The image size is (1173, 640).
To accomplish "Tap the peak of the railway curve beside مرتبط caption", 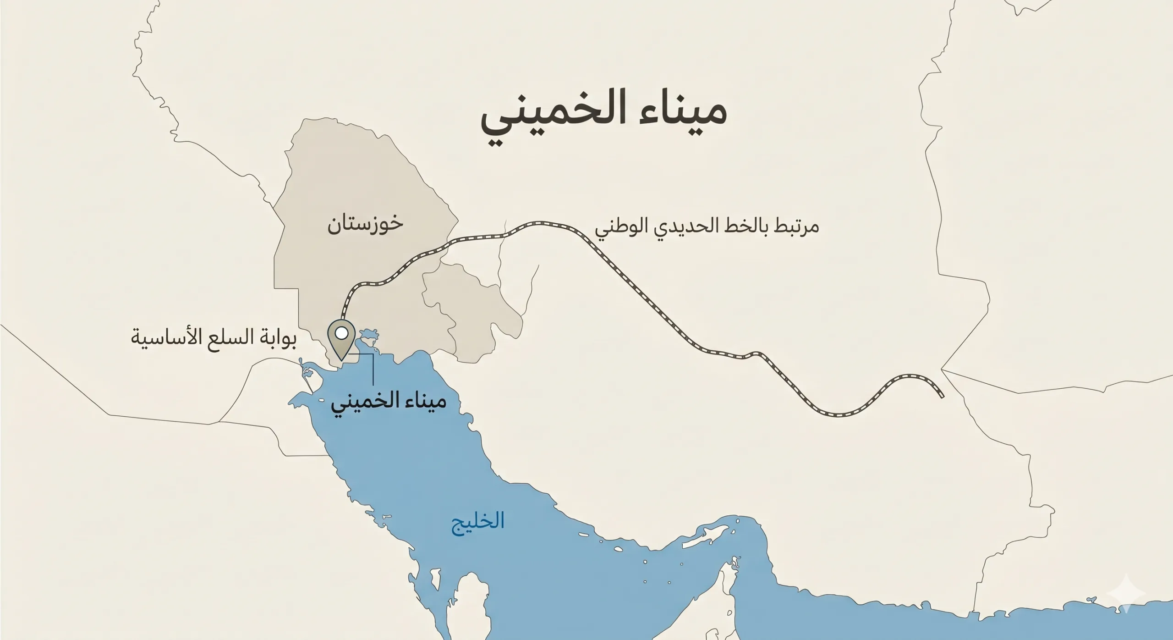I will click(x=545, y=224).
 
